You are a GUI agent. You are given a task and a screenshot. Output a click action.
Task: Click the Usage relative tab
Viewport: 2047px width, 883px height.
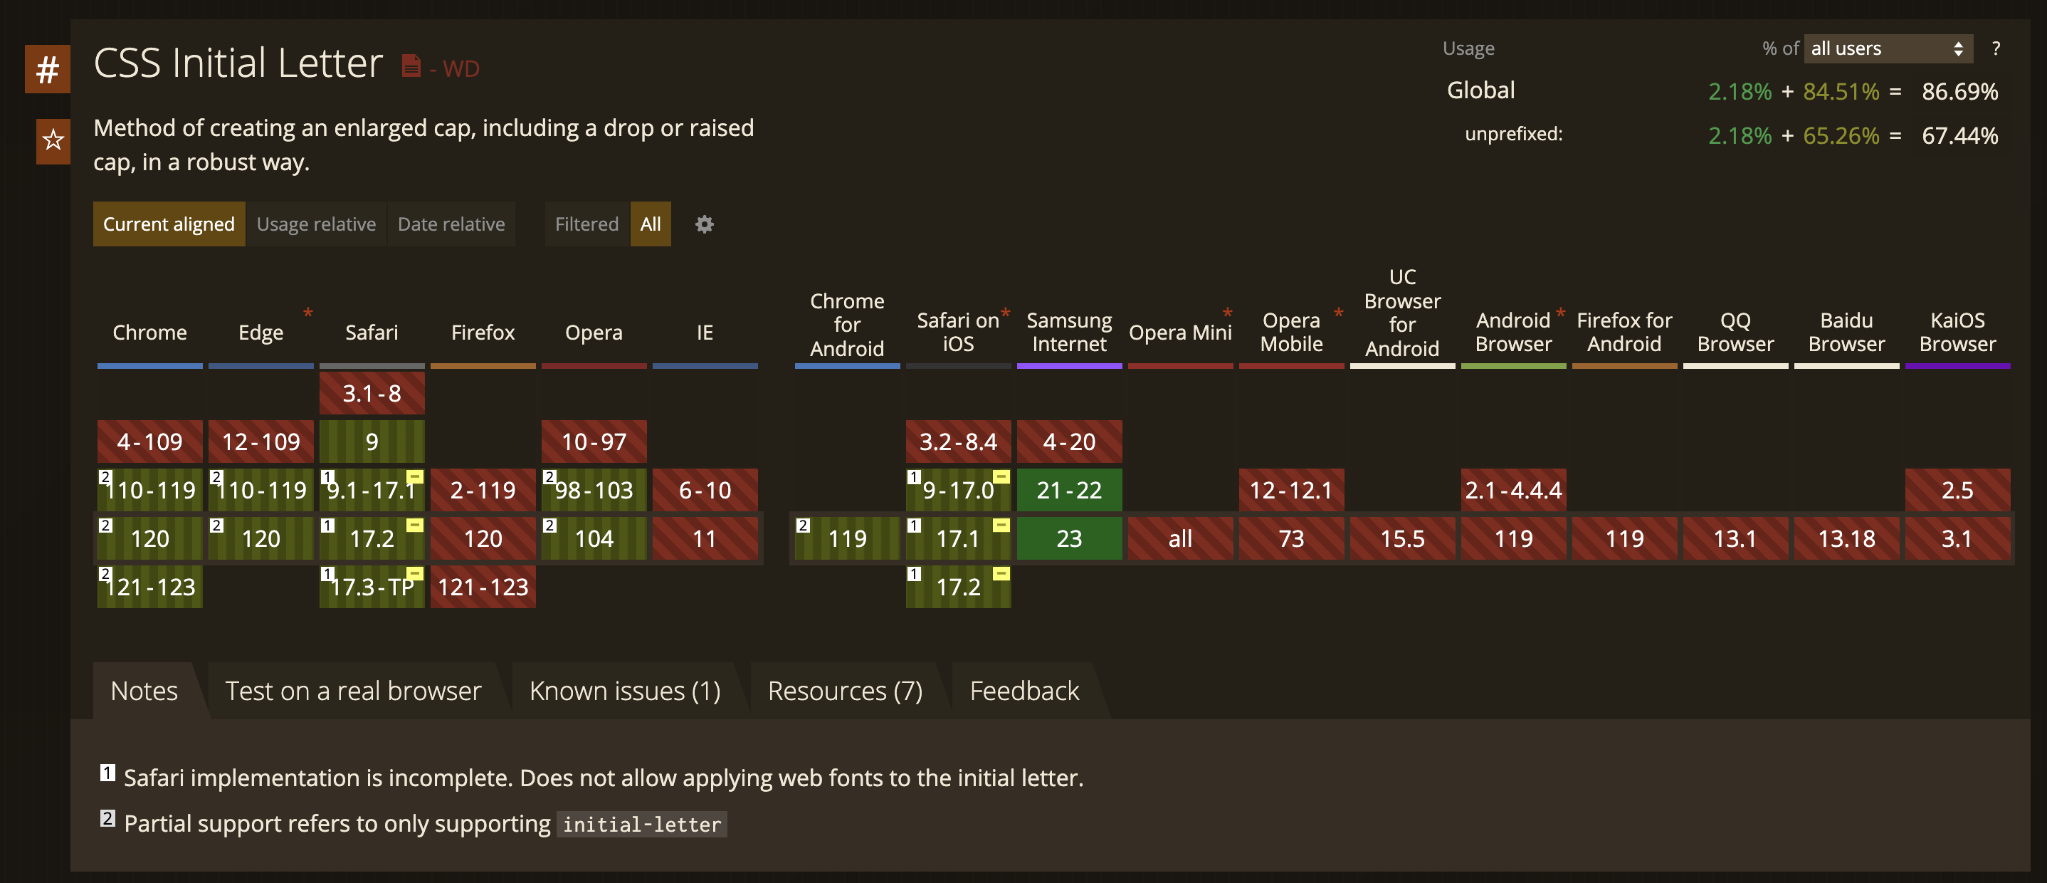tap(315, 224)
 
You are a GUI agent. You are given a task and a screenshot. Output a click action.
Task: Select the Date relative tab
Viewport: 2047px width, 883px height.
tap(451, 224)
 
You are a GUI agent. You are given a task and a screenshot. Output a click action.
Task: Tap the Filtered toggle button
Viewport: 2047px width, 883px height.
tap(586, 224)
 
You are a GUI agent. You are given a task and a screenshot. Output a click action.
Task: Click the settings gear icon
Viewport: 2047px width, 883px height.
tap(704, 224)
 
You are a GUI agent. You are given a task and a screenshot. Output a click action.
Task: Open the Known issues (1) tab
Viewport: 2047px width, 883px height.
tap(625, 691)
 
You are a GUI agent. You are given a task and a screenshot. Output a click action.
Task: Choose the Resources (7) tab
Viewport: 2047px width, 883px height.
tap(845, 691)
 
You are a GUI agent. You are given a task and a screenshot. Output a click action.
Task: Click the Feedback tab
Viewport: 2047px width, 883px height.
tap(1024, 691)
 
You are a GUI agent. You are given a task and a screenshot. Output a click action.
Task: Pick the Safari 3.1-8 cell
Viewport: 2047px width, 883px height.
tap(372, 393)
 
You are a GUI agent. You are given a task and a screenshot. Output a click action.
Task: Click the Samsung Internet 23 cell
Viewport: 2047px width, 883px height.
tap(1069, 539)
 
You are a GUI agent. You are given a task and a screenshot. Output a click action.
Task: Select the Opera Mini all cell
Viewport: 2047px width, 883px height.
tap(1180, 539)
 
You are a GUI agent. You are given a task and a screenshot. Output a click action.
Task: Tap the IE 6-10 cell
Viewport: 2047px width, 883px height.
tap(705, 491)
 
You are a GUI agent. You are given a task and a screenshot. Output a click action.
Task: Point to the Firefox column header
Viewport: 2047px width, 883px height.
tap(483, 333)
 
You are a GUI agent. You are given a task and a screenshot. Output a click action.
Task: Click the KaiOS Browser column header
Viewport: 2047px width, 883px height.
tap(1957, 333)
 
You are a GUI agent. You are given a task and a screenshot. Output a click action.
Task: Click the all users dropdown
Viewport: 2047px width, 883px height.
tap(1888, 48)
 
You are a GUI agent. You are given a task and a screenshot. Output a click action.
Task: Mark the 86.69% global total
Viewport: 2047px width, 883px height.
tap(1959, 91)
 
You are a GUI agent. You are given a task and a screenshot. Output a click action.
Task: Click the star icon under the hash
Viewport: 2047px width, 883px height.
tap(53, 141)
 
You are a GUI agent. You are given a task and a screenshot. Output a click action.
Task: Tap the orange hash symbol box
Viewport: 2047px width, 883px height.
tap(48, 69)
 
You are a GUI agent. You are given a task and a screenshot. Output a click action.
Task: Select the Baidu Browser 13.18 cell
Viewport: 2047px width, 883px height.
tap(1846, 539)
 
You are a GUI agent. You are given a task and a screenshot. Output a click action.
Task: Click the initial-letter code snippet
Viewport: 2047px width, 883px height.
tap(641, 824)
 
